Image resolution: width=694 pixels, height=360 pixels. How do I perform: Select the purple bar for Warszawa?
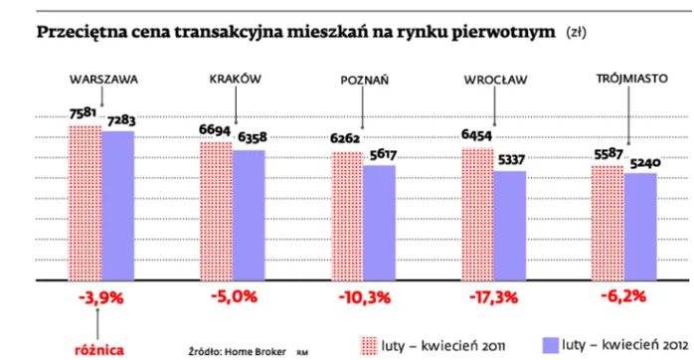(117, 205)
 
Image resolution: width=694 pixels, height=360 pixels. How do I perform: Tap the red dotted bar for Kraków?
(216, 210)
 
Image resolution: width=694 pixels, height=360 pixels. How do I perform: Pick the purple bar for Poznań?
(380, 222)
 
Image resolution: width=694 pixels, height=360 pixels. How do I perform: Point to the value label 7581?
(83, 113)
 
